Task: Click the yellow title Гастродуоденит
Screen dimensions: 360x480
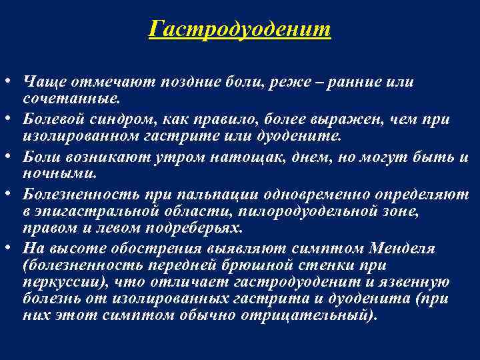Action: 240,29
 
